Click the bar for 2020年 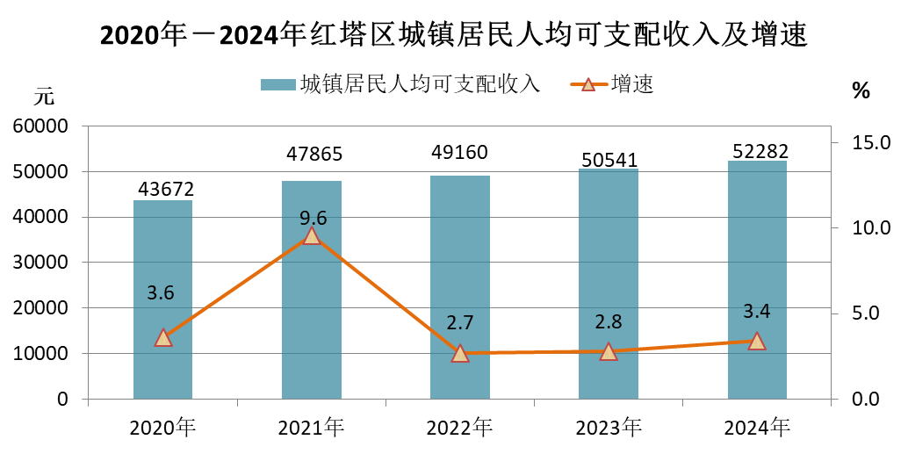coord(162,299)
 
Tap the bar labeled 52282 coord(757,279)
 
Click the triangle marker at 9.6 coord(311,235)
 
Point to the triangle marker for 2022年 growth coord(459,353)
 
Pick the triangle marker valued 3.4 coord(757,341)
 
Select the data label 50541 coord(609,159)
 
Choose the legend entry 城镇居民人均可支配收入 coord(400,84)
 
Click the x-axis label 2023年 coord(609,429)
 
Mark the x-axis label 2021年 coord(311,429)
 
